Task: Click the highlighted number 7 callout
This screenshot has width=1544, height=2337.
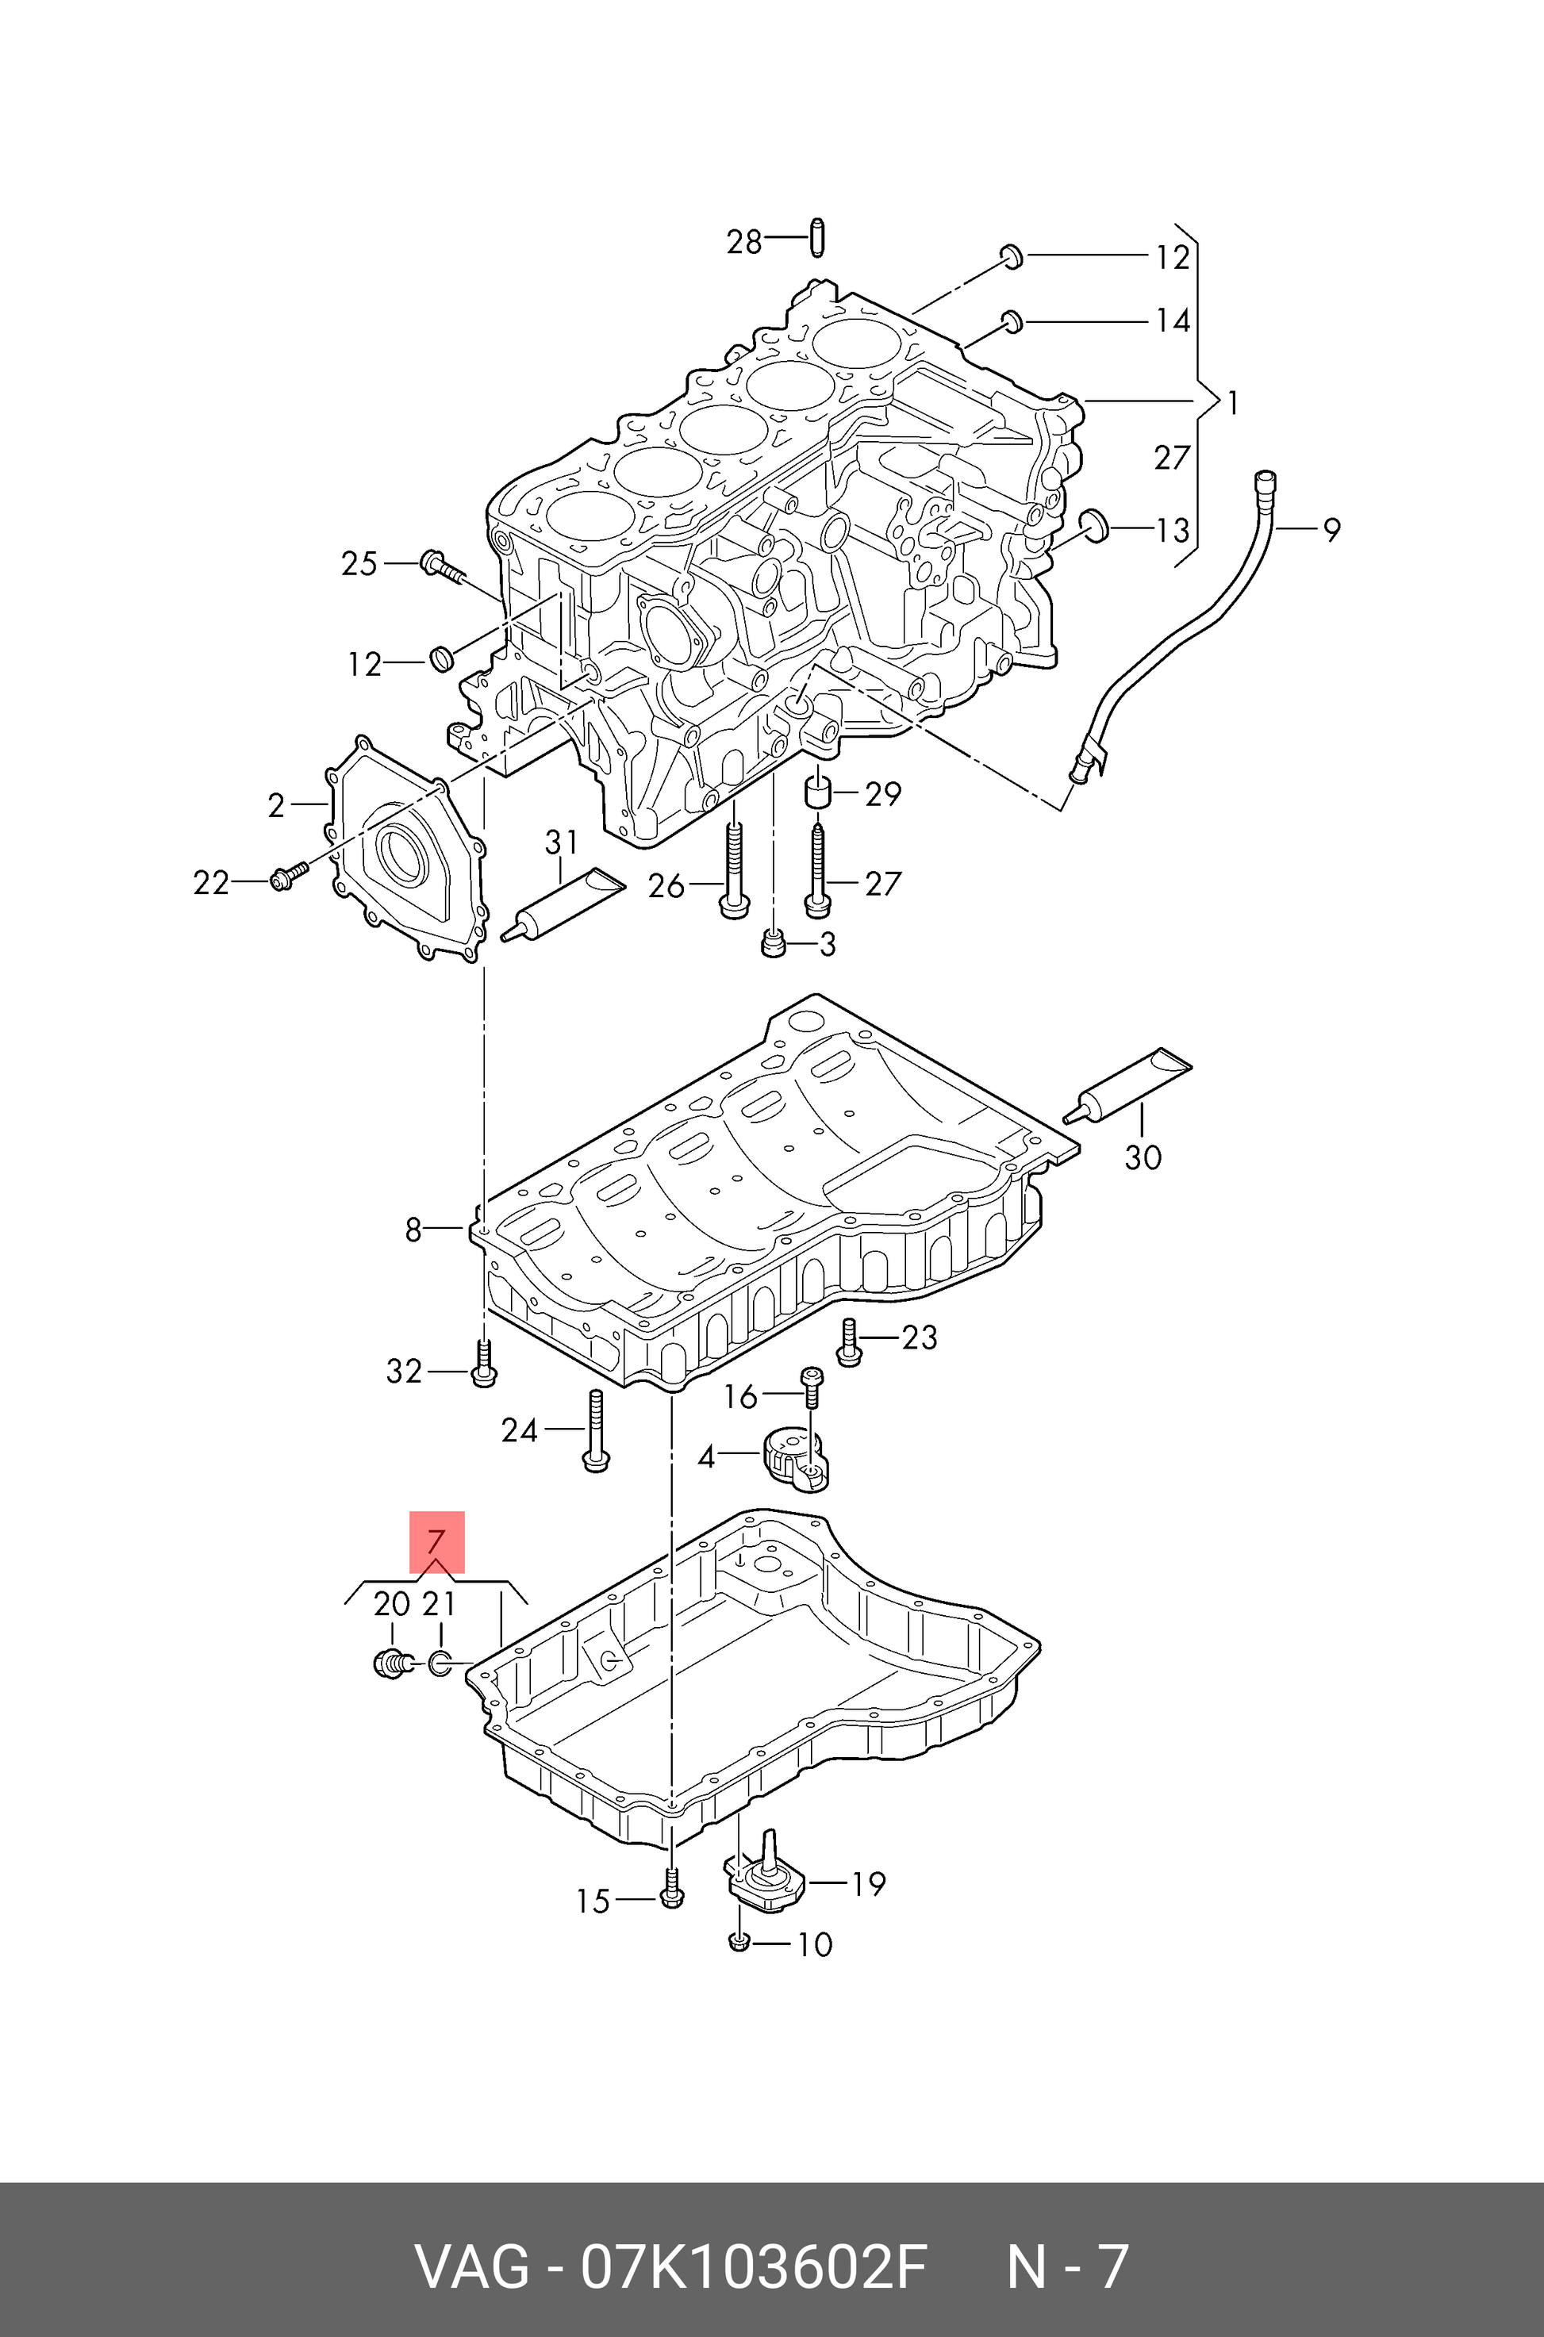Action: point(436,1541)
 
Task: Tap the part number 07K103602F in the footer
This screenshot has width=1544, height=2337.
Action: point(753,2240)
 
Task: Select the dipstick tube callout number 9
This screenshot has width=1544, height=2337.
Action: point(1331,531)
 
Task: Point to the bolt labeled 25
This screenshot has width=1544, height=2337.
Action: point(442,566)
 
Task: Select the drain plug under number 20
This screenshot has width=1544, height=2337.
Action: point(392,1664)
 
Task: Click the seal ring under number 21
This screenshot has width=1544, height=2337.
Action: point(440,1664)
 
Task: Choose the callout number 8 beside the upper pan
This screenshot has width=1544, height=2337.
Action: point(413,1230)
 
